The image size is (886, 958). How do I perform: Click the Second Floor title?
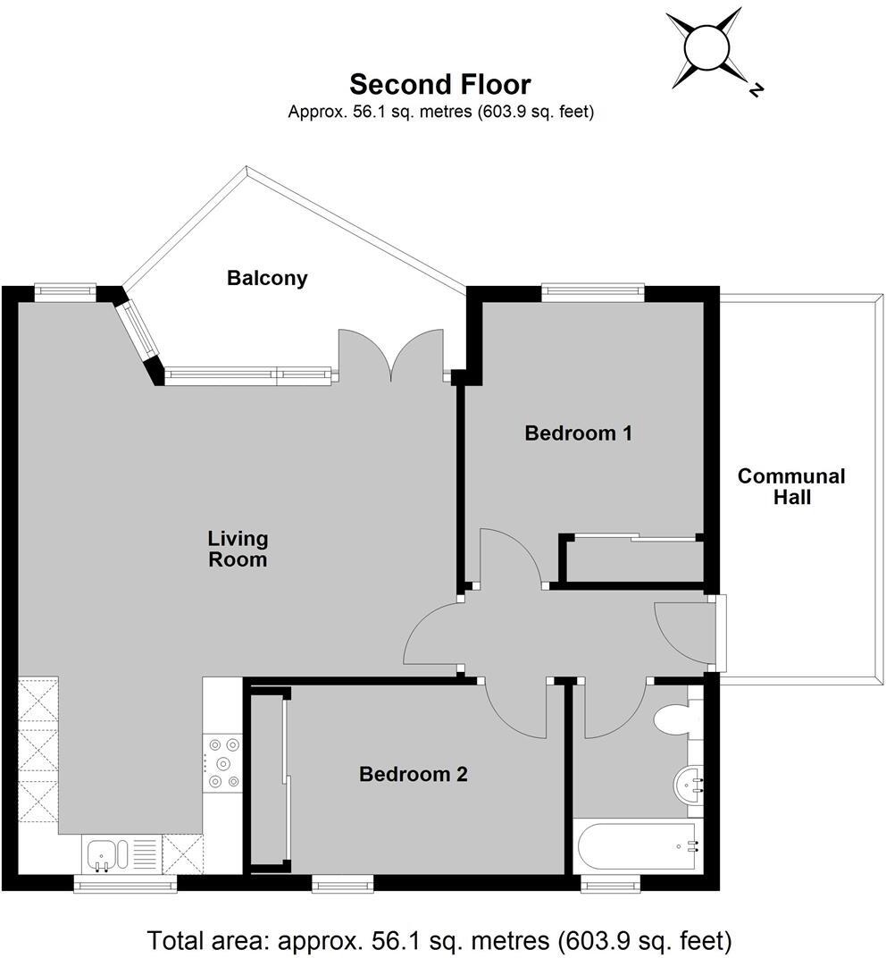click(x=439, y=84)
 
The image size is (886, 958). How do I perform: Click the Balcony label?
click(x=267, y=278)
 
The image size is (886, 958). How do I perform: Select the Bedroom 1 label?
click(x=578, y=433)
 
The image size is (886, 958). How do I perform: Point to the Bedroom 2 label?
click(x=413, y=774)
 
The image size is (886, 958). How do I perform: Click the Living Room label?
click(x=238, y=549)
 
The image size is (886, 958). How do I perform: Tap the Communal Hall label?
click(x=790, y=487)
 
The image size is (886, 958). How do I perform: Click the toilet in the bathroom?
click(x=674, y=718)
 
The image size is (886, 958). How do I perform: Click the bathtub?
click(x=637, y=845)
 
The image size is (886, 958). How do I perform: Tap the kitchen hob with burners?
click(x=222, y=762)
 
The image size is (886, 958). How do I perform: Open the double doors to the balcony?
click(x=390, y=356)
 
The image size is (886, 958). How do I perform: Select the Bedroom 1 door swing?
click(x=510, y=559)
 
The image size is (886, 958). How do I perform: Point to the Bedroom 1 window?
click(x=593, y=290)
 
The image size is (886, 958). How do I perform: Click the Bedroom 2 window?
click(x=342, y=884)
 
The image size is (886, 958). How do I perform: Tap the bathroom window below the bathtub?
click(x=610, y=884)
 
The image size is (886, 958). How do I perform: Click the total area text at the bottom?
click(x=439, y=940)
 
